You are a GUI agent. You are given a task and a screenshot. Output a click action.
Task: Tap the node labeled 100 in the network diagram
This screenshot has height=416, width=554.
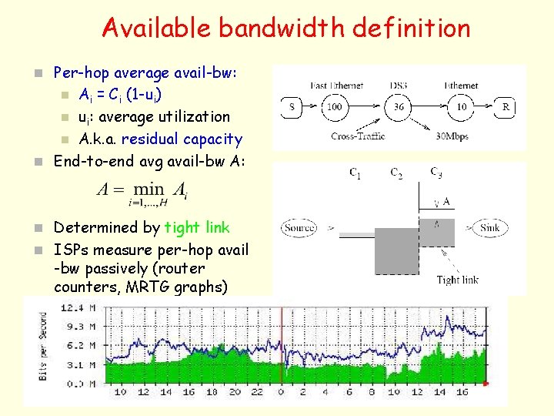pos(334,107)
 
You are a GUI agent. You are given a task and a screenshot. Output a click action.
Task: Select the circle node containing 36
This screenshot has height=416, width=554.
pos(399,107)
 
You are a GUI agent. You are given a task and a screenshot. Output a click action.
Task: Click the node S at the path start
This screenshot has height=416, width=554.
pos(293,107)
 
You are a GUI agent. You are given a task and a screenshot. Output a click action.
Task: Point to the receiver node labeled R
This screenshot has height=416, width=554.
pos(506,107)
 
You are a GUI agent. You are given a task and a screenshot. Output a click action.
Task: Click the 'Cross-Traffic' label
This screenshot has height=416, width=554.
pos(358,136)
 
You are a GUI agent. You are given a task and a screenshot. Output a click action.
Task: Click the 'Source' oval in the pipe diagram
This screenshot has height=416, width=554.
pos(299,228)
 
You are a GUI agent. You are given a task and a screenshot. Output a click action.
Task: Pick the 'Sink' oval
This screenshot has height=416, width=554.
pos(490,228)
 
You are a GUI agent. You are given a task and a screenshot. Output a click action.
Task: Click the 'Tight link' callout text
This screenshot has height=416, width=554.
pos(457,280)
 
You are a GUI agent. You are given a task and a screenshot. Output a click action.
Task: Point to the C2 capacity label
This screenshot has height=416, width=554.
pos(395,173)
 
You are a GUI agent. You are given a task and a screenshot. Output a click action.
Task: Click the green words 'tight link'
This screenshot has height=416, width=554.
pos(197,227)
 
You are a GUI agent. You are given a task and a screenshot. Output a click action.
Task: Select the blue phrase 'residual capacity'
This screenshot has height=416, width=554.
pos(182,139)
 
